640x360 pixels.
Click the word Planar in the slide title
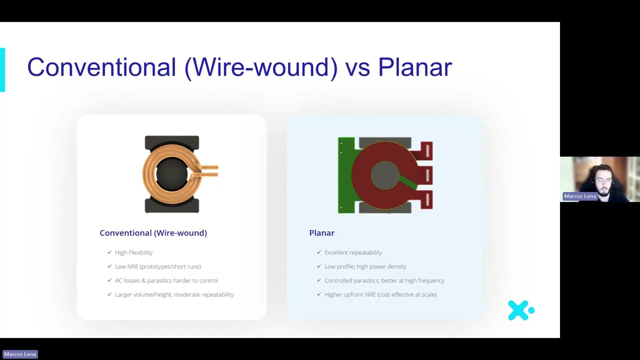click(x=415, y=67)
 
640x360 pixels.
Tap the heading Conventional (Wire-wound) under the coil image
click(x=153, y=233)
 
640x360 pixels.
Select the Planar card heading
click(x=321, y=233)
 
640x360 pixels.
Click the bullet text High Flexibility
click(x=133, y=252)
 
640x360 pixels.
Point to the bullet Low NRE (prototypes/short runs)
click(x=158, y=266)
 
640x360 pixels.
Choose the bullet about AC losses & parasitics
click(x=166, y=280)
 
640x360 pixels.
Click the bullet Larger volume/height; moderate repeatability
click(x=174, y=294)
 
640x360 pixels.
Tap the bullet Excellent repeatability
click(x=353, y=252)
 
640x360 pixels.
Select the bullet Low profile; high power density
click(x=365, y=266)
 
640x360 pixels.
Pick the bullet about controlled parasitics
click(x=384, y=280)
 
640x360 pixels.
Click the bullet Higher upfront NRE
click(x=380, y=294)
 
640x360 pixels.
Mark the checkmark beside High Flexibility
click(x=109, y=252)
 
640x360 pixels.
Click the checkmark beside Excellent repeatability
click(x=319, y=252)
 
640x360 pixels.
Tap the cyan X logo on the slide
click(x=521, y=310)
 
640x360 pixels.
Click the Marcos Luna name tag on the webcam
click(x=580, y=196)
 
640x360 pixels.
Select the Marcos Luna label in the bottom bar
click(x=20, y=354)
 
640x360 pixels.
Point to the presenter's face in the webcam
click(x=603, y=181)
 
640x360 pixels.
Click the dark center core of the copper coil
click(x=171, y=174)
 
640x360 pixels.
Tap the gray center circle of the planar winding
click(x=385, y=175)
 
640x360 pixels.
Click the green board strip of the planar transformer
click(x=346, y=175)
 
